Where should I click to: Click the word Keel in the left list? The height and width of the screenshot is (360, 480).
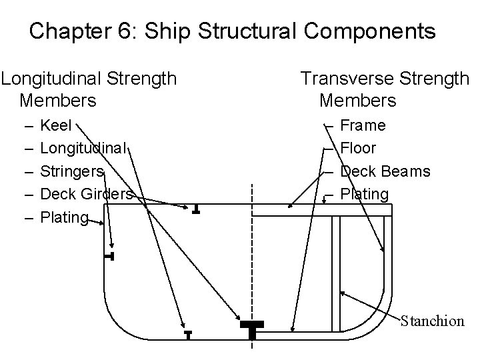pos(56,125)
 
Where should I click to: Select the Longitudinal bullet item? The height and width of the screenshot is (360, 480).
pos(83,148)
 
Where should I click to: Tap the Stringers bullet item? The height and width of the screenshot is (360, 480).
pos(72,171)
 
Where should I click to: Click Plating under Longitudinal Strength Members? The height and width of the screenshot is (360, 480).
pos(64,217)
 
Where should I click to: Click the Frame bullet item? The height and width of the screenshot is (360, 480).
pos(363,125)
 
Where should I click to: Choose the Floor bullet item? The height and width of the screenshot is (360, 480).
pos(358,148)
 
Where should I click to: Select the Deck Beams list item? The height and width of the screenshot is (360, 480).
pos(385,171)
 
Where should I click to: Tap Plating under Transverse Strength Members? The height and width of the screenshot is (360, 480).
pos(364,194)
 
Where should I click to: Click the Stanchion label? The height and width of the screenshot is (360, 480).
pos(432,321)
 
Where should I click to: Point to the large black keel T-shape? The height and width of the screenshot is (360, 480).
pos(251,328)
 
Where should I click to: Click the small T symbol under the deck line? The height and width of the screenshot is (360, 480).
pos(195,209)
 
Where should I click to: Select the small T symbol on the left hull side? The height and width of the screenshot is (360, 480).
pos(110,256)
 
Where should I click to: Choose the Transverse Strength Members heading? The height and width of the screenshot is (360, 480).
pos(385,89)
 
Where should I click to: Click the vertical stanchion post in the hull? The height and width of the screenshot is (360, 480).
pos(336,267)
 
